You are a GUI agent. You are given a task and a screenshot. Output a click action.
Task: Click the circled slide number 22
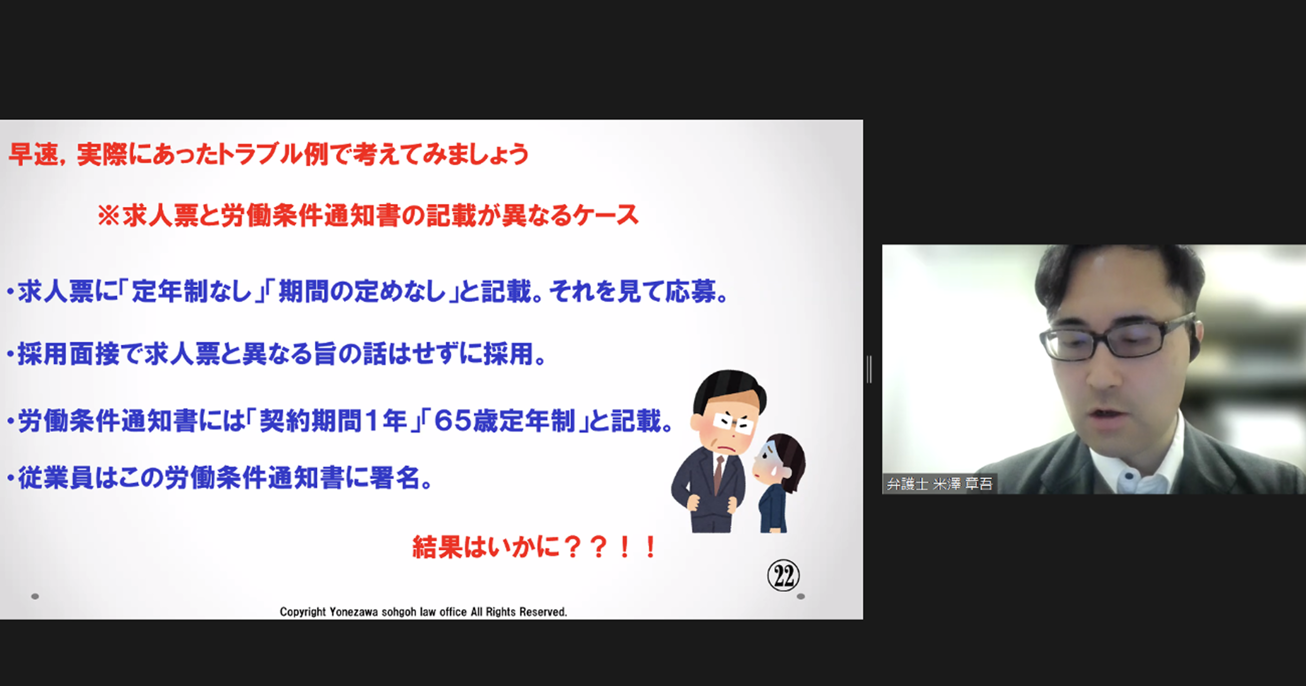[x=783, y=575]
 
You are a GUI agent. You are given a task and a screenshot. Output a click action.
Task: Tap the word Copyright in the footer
[x=303, y=612]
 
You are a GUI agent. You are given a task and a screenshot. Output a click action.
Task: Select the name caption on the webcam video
[x=939, y=483]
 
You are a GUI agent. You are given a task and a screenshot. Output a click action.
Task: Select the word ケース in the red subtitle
[x=606, y=216]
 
